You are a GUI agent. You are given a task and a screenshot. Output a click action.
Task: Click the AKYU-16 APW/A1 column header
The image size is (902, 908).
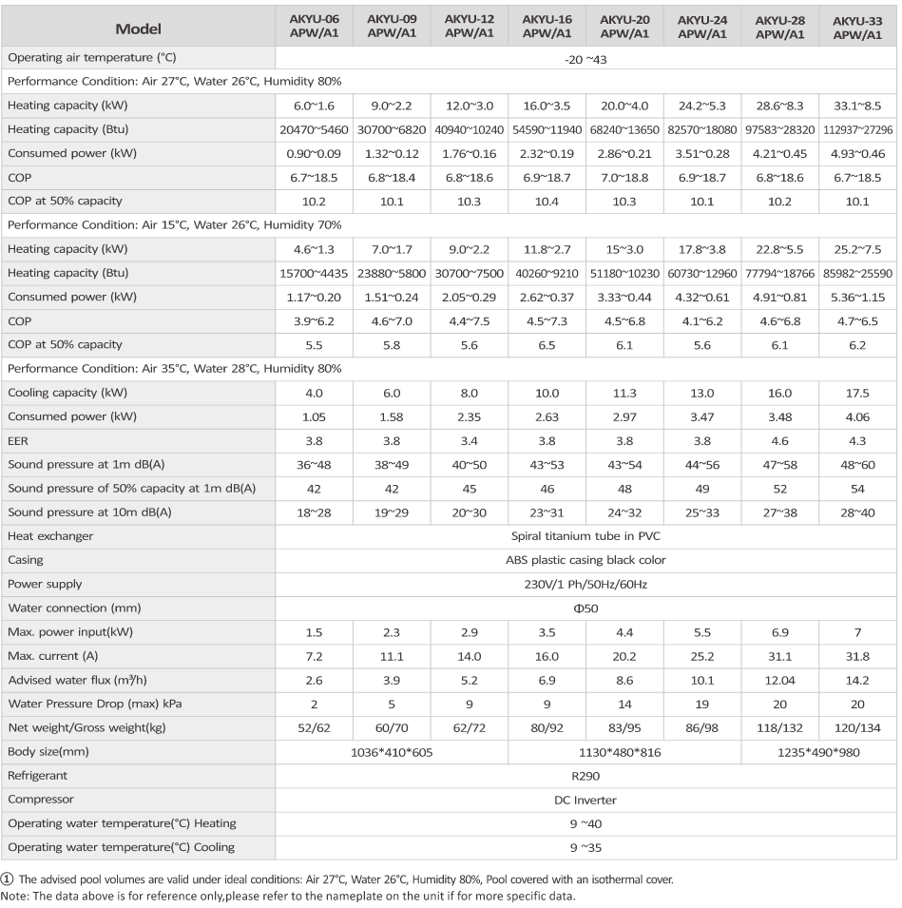[x=547, y=27]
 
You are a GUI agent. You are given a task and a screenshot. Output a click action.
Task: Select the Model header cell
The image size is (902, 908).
[x=139, y=29]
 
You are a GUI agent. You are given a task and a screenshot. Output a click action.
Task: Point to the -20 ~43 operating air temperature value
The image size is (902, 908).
[x=585, y=60]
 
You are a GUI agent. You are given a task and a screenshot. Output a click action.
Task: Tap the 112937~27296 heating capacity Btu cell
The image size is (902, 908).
[x=857, y=129]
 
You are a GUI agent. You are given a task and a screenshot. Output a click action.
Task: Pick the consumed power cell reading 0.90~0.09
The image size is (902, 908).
[x=314, y=154]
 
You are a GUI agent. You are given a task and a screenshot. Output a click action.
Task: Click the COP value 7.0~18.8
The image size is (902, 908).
[x=624, y=178]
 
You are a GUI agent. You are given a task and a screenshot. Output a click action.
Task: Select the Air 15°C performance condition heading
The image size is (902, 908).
[x=174, y=224]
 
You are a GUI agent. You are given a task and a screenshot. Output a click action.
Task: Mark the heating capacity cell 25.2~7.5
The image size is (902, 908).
[x=857, y=250]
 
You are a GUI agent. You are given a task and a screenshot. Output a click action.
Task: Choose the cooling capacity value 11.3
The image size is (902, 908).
[x=624, y=394]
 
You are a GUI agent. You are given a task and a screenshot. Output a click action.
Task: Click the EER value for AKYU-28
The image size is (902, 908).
[x=779, y=441]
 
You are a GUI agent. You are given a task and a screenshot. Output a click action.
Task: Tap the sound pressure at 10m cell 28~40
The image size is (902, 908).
[x=857, y=513]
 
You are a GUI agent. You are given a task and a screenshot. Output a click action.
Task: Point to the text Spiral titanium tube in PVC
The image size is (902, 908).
[x=585, y=536]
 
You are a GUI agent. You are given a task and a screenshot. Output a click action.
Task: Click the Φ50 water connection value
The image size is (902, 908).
[x=585, y=609]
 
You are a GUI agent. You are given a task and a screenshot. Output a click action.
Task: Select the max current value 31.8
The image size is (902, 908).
[x=857, y=657]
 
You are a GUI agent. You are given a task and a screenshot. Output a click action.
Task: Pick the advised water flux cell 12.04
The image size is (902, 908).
[x=779, y=681]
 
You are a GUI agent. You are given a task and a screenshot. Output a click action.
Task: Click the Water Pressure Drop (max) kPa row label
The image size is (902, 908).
[x=95, y=705]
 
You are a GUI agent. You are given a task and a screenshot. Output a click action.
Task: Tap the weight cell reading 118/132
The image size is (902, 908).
[x=779, y=728]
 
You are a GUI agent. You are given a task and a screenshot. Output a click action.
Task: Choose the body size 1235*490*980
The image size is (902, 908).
[x=818, y=753]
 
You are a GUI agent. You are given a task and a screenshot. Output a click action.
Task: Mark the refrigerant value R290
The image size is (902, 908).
[x=585, y=777]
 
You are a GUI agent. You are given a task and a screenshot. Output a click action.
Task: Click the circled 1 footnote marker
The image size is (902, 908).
[x=7, y=879]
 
